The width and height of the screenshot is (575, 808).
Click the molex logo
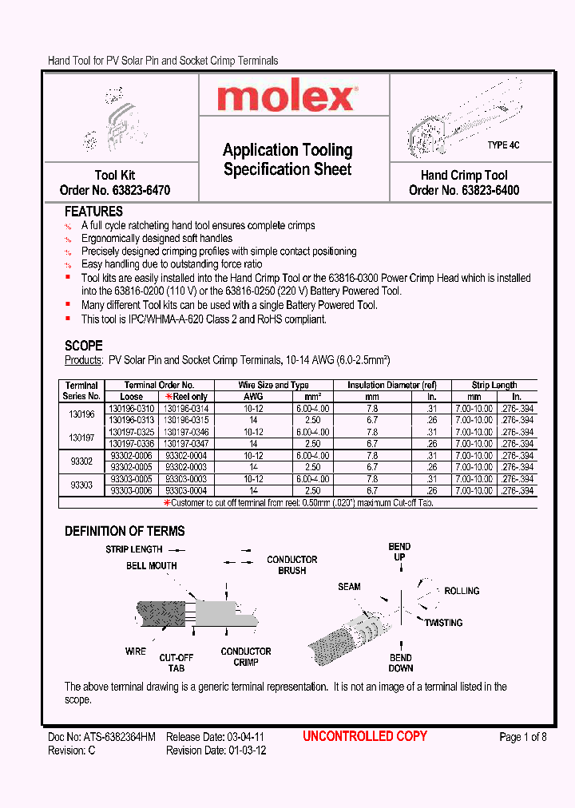287,97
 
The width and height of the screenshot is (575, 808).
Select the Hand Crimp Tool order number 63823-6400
463,191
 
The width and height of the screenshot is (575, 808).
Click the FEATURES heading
93,212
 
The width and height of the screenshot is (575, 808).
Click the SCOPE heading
83,346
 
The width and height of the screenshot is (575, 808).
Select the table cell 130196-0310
132,408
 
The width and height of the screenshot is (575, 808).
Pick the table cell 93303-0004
186,490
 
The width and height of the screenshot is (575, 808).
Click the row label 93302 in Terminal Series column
81,461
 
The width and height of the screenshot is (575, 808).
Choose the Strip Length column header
494,385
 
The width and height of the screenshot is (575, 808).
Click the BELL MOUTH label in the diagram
151,566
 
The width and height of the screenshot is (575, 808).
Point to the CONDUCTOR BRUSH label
291,565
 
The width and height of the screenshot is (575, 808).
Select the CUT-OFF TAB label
176,663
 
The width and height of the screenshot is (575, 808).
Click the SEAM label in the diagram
349,587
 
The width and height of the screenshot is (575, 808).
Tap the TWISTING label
444,623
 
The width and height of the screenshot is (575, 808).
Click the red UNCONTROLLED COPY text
365,736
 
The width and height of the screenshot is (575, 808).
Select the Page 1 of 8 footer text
522,737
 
